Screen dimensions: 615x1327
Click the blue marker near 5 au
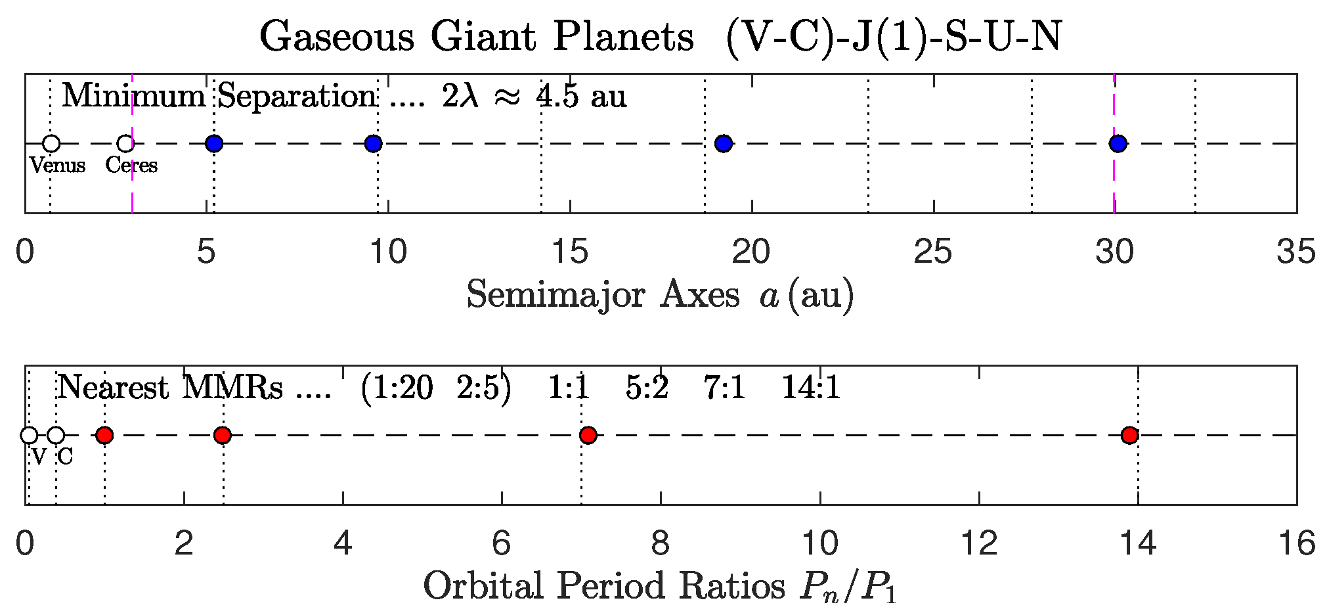(214, 143)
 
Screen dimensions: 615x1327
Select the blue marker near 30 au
(1118, 143)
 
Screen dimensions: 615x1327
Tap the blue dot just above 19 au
(723, 143)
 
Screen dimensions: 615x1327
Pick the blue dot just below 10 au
(373, 143)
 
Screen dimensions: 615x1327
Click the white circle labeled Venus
(51, 143)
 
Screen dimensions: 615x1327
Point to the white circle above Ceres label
(125, 143)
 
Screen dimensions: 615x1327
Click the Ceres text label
(131, 165)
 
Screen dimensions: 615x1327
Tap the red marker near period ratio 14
(1129, 435)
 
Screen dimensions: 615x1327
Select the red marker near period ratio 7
(588, 435)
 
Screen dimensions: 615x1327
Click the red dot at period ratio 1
(104, 435)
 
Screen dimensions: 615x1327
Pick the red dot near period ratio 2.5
(223, 435)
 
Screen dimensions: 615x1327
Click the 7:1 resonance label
(724, 388)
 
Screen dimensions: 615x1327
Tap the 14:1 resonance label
(810, 388)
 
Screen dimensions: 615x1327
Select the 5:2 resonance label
(647, 388)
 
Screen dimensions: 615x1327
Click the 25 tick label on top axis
(933, 252)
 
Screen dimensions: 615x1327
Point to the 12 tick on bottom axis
(979, 543)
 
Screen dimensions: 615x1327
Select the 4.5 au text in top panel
(581, 97)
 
